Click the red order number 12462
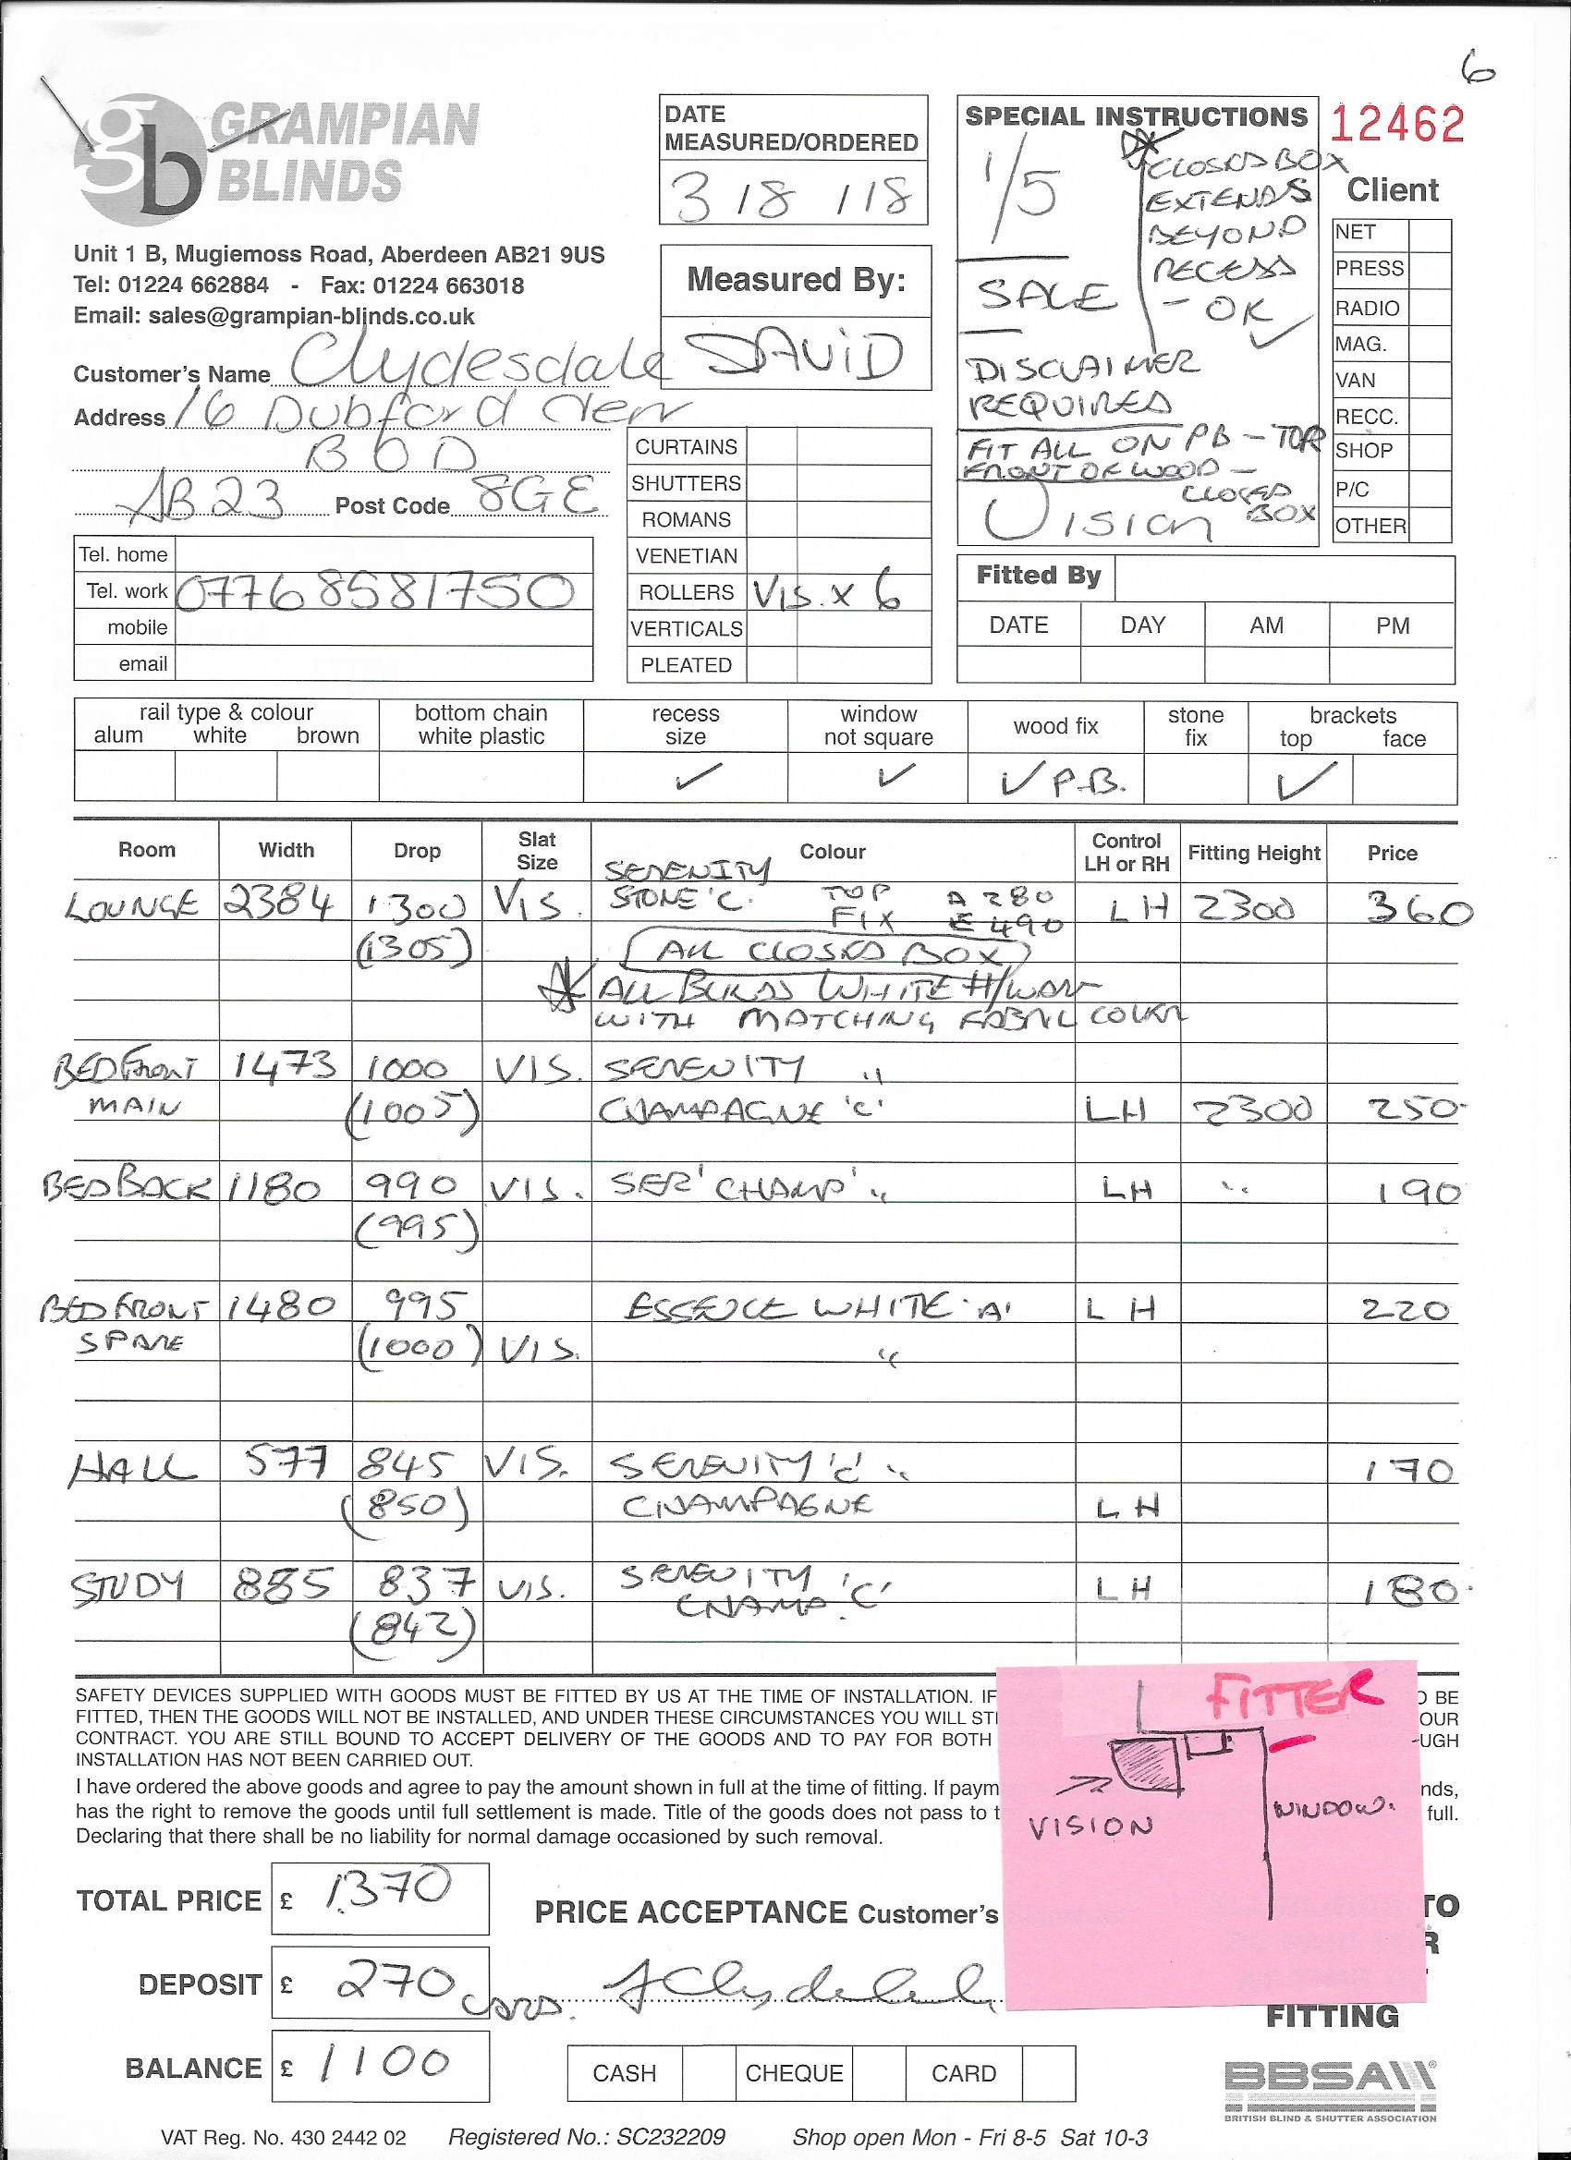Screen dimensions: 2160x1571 [x=1395, y=125]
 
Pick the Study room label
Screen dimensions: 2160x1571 [x=128, y=1587]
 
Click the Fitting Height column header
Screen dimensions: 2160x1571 [x=1253, y=853]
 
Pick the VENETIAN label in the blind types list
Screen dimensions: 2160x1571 [x=686, y=556]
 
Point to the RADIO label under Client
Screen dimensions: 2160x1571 [x=1367, y=309]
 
